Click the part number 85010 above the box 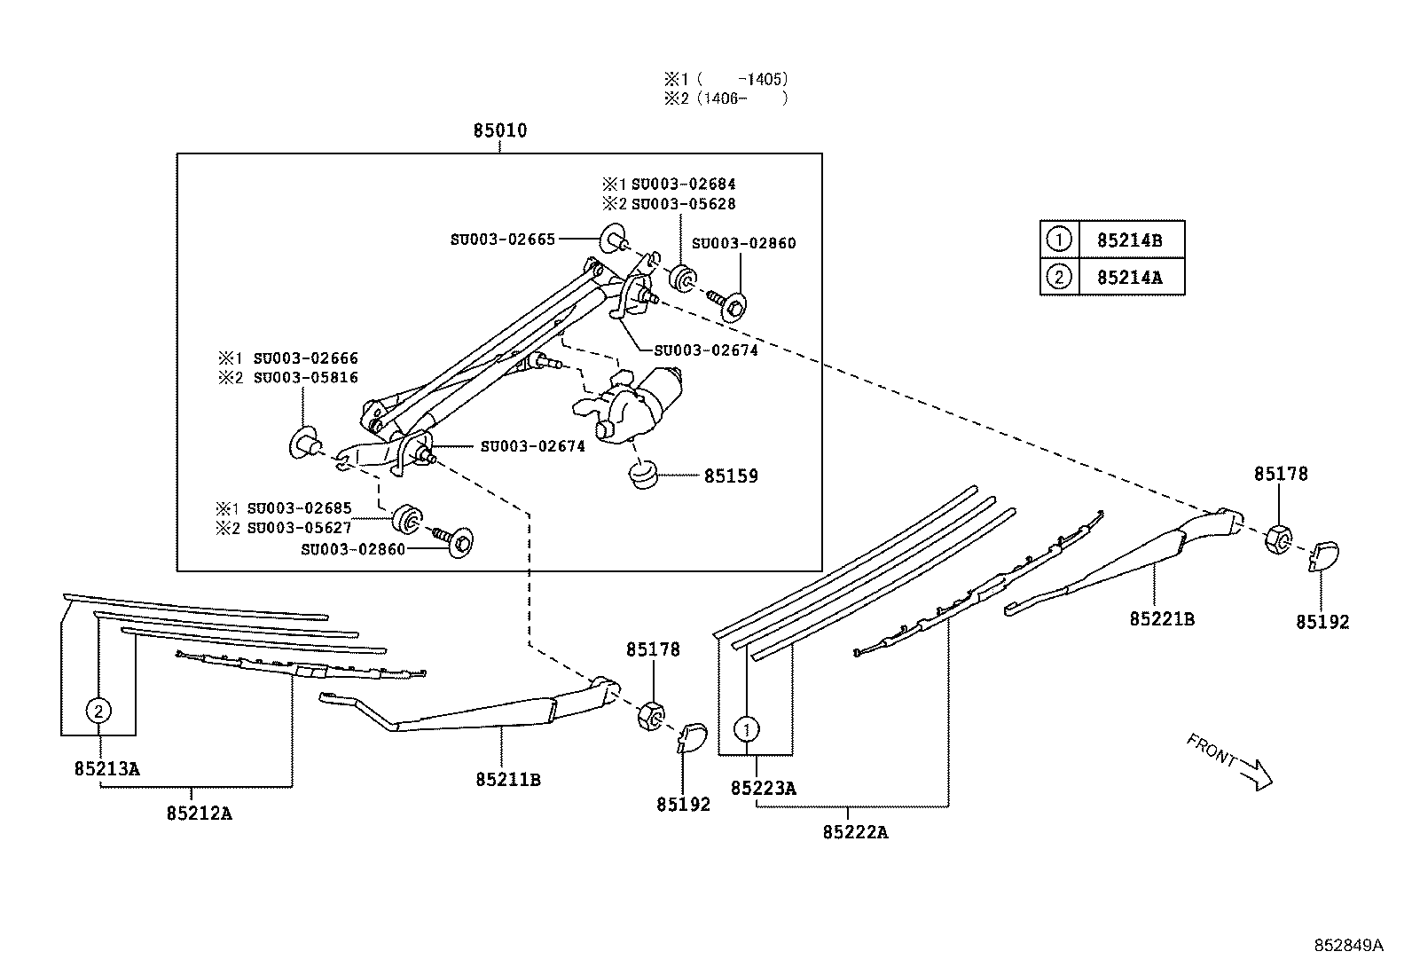(499, 131)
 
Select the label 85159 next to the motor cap (731, 476)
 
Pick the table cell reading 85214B (1129, 240)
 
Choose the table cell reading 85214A (1129, 277)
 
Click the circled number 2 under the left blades (99, 710)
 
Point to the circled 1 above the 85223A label (747, 729)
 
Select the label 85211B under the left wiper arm (507, 781)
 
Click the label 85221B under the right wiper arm (1161, 619)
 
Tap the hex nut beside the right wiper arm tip (1277, 538)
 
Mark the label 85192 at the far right (1322, 623)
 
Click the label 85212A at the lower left (199, 813)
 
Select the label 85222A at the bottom (855, 832)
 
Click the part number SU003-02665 (502, 239)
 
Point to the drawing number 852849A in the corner (1348, 946)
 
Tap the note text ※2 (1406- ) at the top (726, 98)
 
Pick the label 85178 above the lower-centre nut (653, 649)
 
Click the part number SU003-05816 (305, 378)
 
